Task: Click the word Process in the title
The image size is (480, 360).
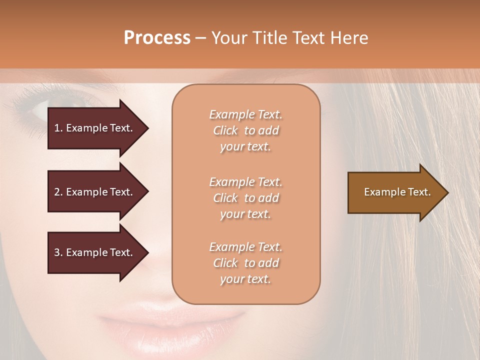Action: point(157,38)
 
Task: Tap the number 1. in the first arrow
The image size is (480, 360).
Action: point(58,128)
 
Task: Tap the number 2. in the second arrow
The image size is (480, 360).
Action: point(58,192)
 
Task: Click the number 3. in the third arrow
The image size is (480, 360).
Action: point(58,252)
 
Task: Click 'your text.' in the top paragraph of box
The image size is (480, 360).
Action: point(245,147)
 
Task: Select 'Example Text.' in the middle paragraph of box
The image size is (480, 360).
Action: point(245,182)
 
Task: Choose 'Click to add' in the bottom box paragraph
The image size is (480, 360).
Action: point(245,263)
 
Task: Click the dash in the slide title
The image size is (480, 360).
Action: point(201,38)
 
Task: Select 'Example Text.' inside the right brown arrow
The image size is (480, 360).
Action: point(397,192)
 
